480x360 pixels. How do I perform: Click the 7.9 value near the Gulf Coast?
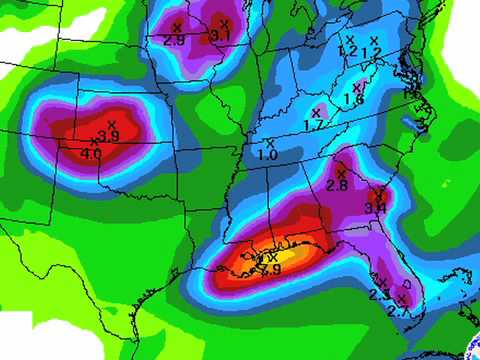point(270,270)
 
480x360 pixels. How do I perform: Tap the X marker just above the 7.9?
point(273,258)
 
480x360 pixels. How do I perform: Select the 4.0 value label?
point(90,154)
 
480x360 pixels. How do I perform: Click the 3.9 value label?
point(110,136)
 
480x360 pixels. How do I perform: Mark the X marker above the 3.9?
point(111,124)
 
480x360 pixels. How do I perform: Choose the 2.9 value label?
point(174,40)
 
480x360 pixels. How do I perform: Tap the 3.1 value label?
point(221,36)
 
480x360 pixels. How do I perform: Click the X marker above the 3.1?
point(224,23)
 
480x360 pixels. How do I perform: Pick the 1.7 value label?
point(313,125)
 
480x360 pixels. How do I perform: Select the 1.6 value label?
point(353,100)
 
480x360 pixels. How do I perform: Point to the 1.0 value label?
point(268,155)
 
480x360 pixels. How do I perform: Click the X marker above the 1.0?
point(270,143)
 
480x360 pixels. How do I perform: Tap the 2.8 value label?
point(337,185)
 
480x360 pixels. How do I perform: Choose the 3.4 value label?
point(375,207)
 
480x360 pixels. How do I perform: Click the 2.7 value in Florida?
point(399,312)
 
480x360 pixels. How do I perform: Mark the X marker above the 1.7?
point(316,112)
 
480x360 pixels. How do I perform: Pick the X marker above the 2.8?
point(341,173)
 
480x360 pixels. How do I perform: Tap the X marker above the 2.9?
point(177,27)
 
